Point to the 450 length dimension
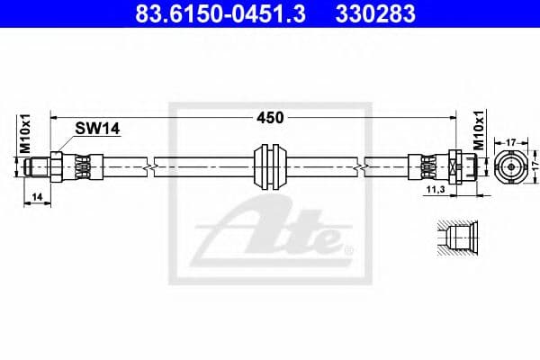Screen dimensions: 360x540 [270, 117]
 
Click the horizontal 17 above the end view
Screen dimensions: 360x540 [509, 141]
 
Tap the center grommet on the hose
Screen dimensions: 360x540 [270, 166]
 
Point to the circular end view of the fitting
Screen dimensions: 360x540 [508, 166]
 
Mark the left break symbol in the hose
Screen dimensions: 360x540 [148, 166]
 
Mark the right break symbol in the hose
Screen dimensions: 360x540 [360, 166]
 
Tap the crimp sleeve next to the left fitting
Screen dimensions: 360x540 [81, 166]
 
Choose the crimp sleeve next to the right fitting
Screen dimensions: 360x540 [423, 166]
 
